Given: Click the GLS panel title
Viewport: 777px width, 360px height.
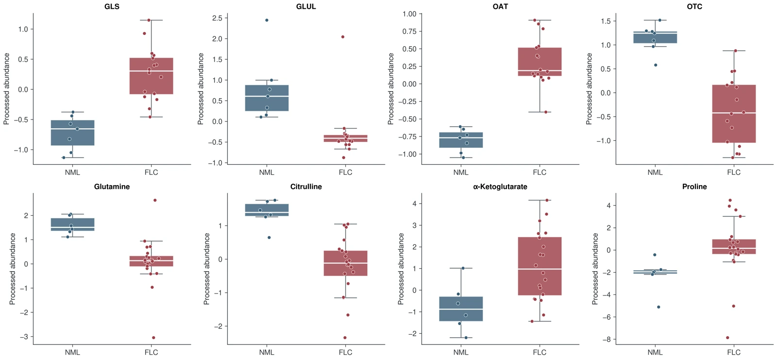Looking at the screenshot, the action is click(x=112, y=6).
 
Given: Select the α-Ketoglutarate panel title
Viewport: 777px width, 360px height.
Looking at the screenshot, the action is click(x=500, y=187).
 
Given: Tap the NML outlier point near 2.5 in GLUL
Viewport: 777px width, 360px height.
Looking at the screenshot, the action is click(x=267, y=20).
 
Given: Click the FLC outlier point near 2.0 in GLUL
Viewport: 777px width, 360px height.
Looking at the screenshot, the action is click(x=343, y=37).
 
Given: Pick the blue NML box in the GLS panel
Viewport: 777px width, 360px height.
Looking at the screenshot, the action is click(x=72, y=133).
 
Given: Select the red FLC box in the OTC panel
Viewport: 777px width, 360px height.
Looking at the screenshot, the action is click(x=734, y=114).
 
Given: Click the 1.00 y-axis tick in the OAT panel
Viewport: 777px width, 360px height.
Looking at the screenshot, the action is click(x=409, y=14).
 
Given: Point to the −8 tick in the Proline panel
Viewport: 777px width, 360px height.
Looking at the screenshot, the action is click(x=607, y=340).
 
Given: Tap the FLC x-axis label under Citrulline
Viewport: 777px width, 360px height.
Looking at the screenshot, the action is click(x=345, y=352).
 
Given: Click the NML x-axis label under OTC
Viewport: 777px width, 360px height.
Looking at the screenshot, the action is click(x=655, y=172).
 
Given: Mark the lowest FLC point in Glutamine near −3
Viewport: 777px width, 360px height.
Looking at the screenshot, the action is click(x=153, y=338).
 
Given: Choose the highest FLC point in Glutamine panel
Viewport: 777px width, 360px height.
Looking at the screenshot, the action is click(x=155, y=200).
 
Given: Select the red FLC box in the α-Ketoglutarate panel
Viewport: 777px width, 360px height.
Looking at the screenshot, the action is click(x=540, y=266).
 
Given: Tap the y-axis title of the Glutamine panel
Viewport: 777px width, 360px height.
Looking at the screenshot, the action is click(x=13, y=269).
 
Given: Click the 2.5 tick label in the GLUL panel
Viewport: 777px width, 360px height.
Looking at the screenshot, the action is click(x=218, y=18).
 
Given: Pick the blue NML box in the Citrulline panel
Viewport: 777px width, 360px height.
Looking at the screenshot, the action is click(x=267, y=210).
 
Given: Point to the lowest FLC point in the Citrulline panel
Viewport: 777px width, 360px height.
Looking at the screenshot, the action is click(x=345, y=338).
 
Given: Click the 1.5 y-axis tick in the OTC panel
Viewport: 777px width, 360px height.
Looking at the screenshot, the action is click(x=605, y=21).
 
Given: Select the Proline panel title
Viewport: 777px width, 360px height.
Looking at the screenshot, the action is click(x=694, y=187).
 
